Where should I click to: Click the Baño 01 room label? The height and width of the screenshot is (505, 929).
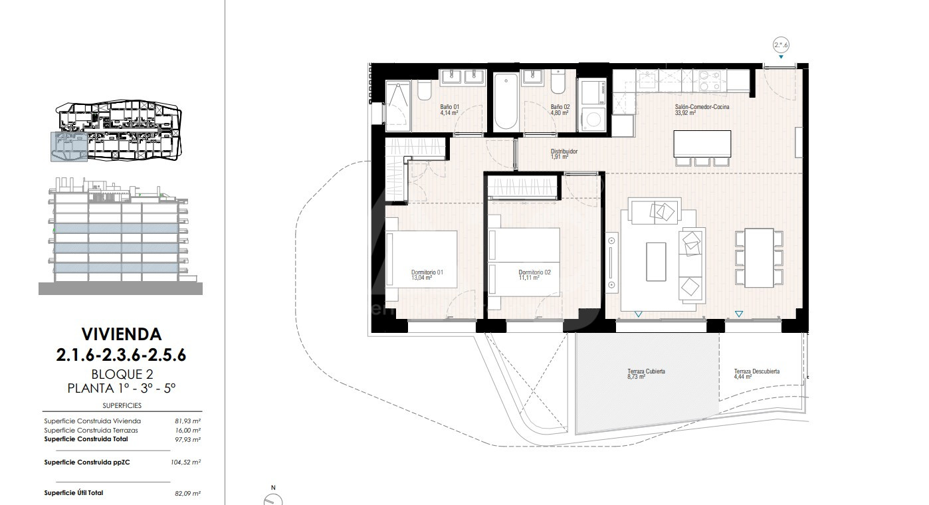[x=450, y=110]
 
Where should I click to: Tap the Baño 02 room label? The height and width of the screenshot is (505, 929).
[x=560, y=110]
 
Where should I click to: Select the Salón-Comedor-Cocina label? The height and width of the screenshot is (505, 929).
[x=702, y=110]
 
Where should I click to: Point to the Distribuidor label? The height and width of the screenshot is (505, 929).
[x=564, y=153]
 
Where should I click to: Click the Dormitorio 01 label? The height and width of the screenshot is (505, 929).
[x=427, y=275]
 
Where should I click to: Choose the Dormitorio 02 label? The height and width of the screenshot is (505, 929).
[x=534, y=275]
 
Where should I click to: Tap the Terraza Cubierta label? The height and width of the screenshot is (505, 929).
[x=646, y=374]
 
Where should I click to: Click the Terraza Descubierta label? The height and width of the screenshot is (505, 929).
[x=756, y=374]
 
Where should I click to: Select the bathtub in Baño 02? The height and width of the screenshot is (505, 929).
[x=506, y=102]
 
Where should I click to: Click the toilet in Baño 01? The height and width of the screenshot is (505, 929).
[x=424, y=90]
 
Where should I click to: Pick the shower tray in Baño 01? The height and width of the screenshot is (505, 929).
[x=398, y=102]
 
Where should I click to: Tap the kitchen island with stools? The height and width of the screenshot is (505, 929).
[x=702, y=148]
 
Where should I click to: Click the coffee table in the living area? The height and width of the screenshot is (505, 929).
[x=656, y=262]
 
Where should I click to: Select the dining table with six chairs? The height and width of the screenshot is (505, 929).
[x=759, y=258]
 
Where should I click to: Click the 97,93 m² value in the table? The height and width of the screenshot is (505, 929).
[x=188, y=439]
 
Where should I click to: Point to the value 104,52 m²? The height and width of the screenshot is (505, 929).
[x=186, y=462]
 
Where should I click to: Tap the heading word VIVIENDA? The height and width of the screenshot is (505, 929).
[x=122, y=334]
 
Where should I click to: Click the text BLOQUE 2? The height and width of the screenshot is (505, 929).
[x=122, y=374]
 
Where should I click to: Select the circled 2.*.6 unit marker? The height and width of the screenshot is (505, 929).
[x=781, y=45]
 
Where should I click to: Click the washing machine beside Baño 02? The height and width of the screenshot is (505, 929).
[x=593, y=120]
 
